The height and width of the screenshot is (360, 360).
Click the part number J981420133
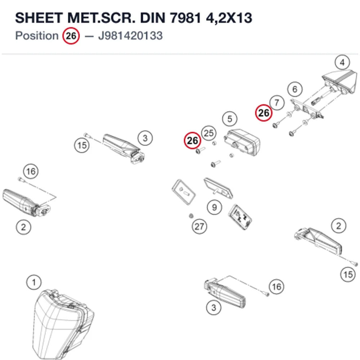(130, 36)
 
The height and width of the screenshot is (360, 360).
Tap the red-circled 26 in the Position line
(71, 36)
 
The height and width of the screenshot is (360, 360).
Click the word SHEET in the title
(39, 18)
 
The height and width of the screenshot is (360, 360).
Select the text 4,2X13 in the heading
(229, 18)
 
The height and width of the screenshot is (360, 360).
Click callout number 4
(342, 62)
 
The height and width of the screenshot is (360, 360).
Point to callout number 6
(295, 89)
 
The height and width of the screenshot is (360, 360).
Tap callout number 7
(277, 103)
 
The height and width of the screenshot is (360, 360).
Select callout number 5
(230, 119)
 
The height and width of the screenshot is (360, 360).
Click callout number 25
(209, 133)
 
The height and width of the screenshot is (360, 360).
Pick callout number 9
(214, 207)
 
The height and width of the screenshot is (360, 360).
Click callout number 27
(199, 226)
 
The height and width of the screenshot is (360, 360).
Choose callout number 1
(34, 282)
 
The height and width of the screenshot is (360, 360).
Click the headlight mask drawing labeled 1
(63, 324)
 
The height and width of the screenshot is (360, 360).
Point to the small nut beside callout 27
(191, 216)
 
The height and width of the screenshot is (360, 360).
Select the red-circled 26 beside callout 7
(264, 113)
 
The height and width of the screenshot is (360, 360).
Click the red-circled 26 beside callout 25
(192, 140)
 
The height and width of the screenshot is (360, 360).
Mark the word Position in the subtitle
(37, 36)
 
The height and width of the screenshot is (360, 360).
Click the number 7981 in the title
(185, 18)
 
